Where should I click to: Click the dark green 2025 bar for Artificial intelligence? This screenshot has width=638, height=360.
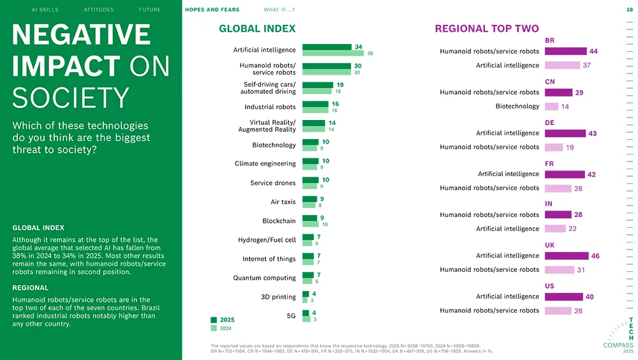(327, 47)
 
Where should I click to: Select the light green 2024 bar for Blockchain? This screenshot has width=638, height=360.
(310, 225)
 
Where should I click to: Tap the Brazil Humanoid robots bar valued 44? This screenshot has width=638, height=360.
(565, 51)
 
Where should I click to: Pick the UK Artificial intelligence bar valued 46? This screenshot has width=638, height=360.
(567, 256)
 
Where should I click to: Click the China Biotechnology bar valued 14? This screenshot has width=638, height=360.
(551, 107)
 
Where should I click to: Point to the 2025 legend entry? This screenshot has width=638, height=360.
(222, 320)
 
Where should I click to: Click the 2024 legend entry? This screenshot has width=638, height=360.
(222, 328)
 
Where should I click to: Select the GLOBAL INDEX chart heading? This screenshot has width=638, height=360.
(257, 29)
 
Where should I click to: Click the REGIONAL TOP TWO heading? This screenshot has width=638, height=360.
(486, 29)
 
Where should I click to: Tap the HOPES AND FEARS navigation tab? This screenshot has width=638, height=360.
(212, 10)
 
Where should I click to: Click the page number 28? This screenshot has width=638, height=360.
(629, 10)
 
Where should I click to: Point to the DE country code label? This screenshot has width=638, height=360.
(549, 122)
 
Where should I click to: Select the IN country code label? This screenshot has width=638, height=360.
(549, 204)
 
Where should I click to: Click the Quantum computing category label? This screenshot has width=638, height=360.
(264, 278)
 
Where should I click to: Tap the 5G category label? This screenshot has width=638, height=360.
(291, 316)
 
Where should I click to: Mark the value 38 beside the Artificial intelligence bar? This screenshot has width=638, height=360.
(369, 54)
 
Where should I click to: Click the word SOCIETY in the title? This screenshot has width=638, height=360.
(70, 98)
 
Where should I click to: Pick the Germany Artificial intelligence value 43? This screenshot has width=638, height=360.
(593, 133)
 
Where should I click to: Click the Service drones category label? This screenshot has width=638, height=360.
(272, 183)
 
